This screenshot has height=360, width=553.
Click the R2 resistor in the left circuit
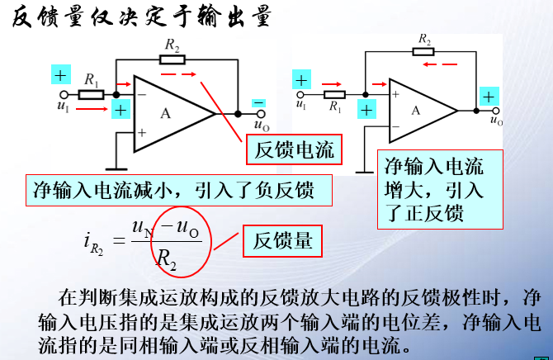173,59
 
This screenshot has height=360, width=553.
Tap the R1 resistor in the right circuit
335,95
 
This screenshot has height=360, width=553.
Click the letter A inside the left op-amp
166,114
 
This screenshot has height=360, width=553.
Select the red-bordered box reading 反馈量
282,240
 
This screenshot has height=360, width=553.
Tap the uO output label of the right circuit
496,121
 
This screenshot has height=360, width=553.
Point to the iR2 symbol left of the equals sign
95,242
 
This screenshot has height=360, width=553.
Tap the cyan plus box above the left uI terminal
60,75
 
